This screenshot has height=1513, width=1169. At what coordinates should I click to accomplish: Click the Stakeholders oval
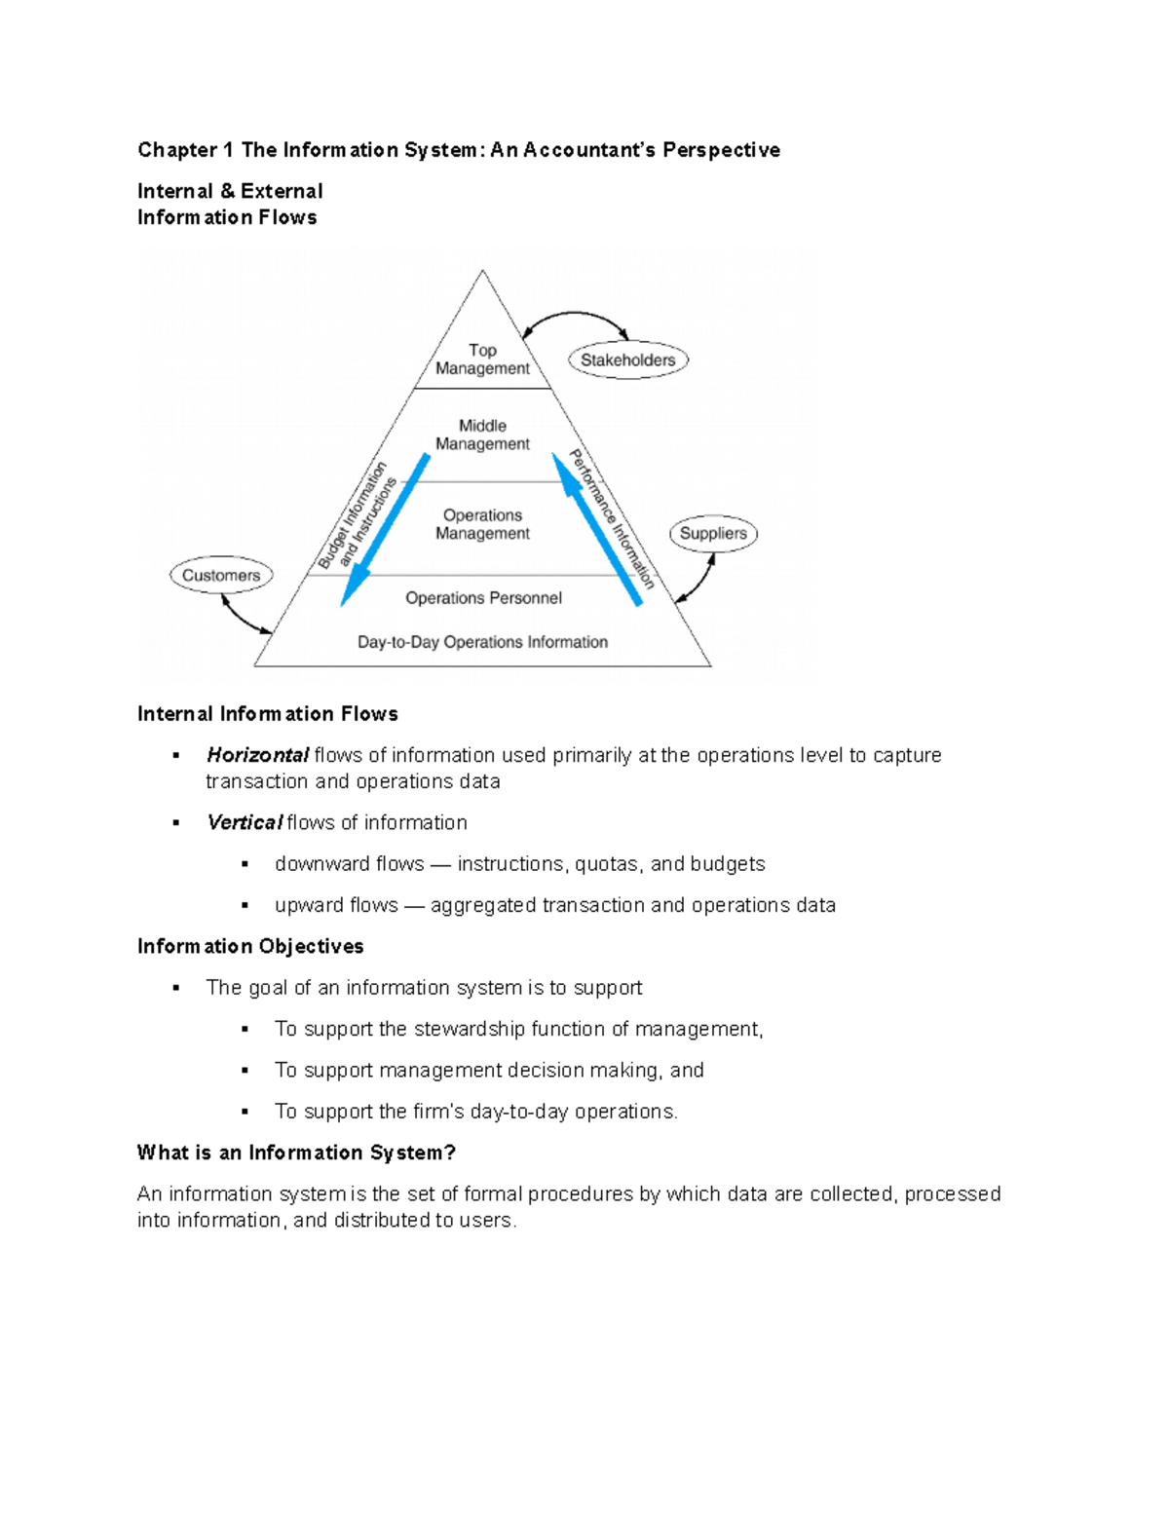pyautogui.click(x=628, y=360)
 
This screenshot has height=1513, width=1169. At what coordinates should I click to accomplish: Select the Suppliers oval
pyautogui.click(x=713, y=534)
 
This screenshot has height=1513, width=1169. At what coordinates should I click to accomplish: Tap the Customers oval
pyautogui.click(x=221, y=576)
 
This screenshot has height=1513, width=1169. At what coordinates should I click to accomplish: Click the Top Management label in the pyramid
pyautogui.click(x=482, y=359)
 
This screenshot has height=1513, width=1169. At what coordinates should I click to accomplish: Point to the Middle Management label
pyautogui.click(x=482, y=435)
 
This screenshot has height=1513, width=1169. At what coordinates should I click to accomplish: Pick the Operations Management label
pyautogui.click(x=482, y=524)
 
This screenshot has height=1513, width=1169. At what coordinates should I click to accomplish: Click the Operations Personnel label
pyautogui.click(x=483, y=598)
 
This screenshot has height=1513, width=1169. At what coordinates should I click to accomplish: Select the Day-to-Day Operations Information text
pyautogui.click(x=482, y=642)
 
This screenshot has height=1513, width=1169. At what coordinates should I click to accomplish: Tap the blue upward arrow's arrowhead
pyautogui.click(x=563, y=465)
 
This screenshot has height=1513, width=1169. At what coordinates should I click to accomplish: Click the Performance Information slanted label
pyautogui.click(x=613, y=518)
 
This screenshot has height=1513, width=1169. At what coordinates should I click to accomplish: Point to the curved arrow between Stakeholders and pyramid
pyautogui.click(x=575, y=314)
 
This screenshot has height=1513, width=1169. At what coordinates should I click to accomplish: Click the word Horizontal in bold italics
pyautogui.click(x=257, y=755)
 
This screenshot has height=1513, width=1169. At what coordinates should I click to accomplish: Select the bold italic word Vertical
pyautogui.click(x=245, y=822)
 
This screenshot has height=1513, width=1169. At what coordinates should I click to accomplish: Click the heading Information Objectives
pyautogui.click(x=250, y=946)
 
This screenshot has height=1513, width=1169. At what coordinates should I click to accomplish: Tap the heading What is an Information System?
pyautogui.click(x=296, y=1153)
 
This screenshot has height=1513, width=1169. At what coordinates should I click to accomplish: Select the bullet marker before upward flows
pyautogui.click(x=245, y=906)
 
